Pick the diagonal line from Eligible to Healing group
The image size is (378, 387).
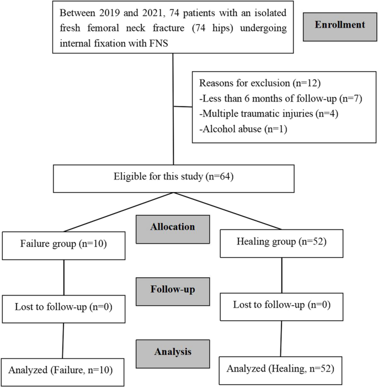[x=227, y=212]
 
